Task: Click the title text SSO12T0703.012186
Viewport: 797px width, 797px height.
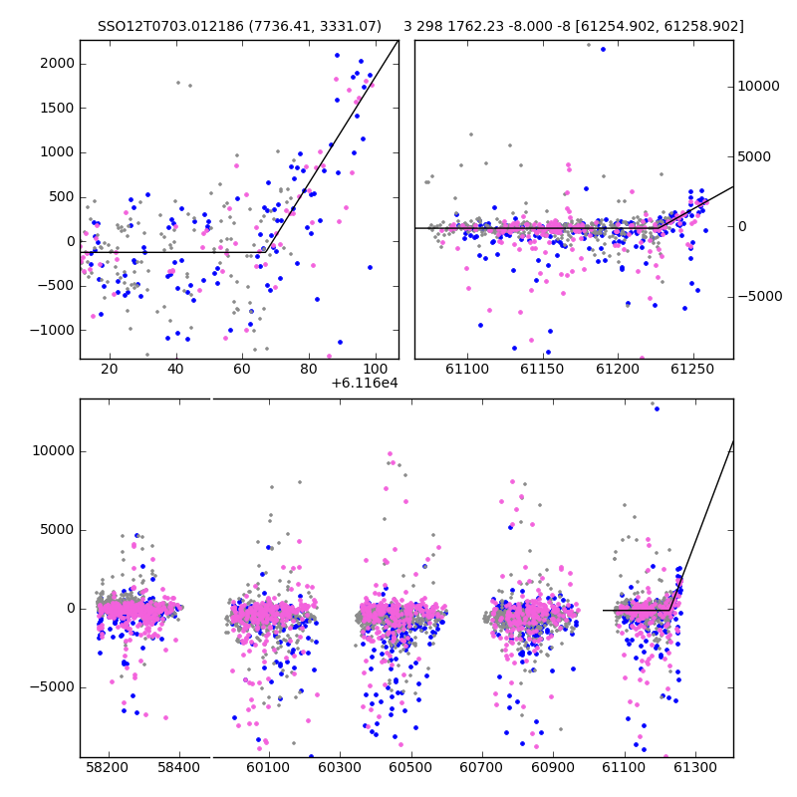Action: pyautogui.click(x=170, y=26)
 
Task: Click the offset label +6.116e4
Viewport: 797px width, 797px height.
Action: pyautogui.click(x=365, y=384)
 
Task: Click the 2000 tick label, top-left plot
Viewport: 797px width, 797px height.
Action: pyautogui.click(x=57, y=64)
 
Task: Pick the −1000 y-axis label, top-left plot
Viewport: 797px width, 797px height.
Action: pyautogui.click(x=52, y=331)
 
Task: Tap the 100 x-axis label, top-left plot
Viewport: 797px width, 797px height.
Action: pyautogui.click(x=376, y=369)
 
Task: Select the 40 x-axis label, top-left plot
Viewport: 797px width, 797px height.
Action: pyautogui.click(x=175, y=369)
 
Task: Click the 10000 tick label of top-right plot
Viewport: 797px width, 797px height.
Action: pyautogui.click(x=758, y=87)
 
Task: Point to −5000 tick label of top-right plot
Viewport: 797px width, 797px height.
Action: pyautogui.click(x=760, y=296)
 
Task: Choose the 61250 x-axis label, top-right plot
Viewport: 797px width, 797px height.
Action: pyautogui.click(x=692, y=369)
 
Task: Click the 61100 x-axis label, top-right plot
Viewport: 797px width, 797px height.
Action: pyautogui.click(x=467, y=369)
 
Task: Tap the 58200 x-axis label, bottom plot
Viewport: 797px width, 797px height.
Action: pyautogui.click(x=107, y=767)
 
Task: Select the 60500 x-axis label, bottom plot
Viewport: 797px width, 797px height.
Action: pyautogui.click(x=410, y=767)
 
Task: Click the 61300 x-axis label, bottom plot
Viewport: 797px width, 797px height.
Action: pyautogui.click(x=695, y=767)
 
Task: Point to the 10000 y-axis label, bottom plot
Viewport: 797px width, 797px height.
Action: pyautogui.click(x=54, y=451)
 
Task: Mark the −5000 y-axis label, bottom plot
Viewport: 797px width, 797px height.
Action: pyautogui.click(x=52, y=687)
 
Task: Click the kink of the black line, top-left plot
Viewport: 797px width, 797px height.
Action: pyautogui.click(x=265, y=252)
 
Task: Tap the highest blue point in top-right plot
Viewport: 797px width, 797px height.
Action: pyautogui.click(x=604, y=49)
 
